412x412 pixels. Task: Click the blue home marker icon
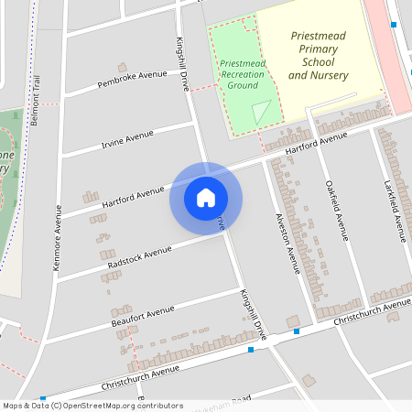coord(206,197)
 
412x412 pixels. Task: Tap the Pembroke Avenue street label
coord(133,80)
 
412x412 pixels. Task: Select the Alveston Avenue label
coord(288,243)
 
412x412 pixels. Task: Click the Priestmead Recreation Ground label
coord(243,73)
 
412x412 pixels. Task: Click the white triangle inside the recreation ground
coord(262,112)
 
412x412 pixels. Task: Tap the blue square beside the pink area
coord(393,25)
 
